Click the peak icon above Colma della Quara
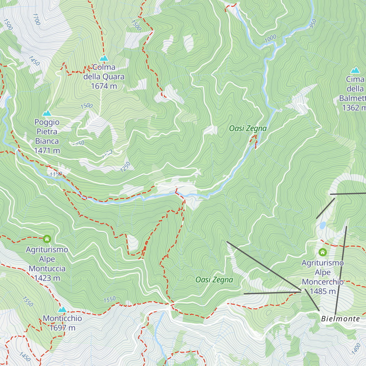(x=104, y=58)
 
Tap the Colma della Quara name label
(x=104, y=72)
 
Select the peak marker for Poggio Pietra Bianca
(x=47, y=113)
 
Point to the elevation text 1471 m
(x=47, y=151)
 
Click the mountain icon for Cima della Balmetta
(x=355, y=70)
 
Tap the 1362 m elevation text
(x=354, y=108)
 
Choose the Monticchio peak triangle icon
(x=62, y=310)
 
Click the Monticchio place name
(x=62, y=318)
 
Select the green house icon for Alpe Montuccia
(x=47, y=239)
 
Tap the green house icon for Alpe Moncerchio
(x=323, y=252)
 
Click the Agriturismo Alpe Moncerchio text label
(x=323, y=272)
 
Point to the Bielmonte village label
(x=340, y=319)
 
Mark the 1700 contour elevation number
(x=36, y=19)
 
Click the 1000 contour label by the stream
(x=270, y=38)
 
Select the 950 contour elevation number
(x=313, y=24)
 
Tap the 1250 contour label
(x=125, y=167)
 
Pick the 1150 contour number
(x=56, y=174)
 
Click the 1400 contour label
(x=356, y=349)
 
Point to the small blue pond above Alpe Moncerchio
(x=322, y=225)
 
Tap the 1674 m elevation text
(x=104, y=86)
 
